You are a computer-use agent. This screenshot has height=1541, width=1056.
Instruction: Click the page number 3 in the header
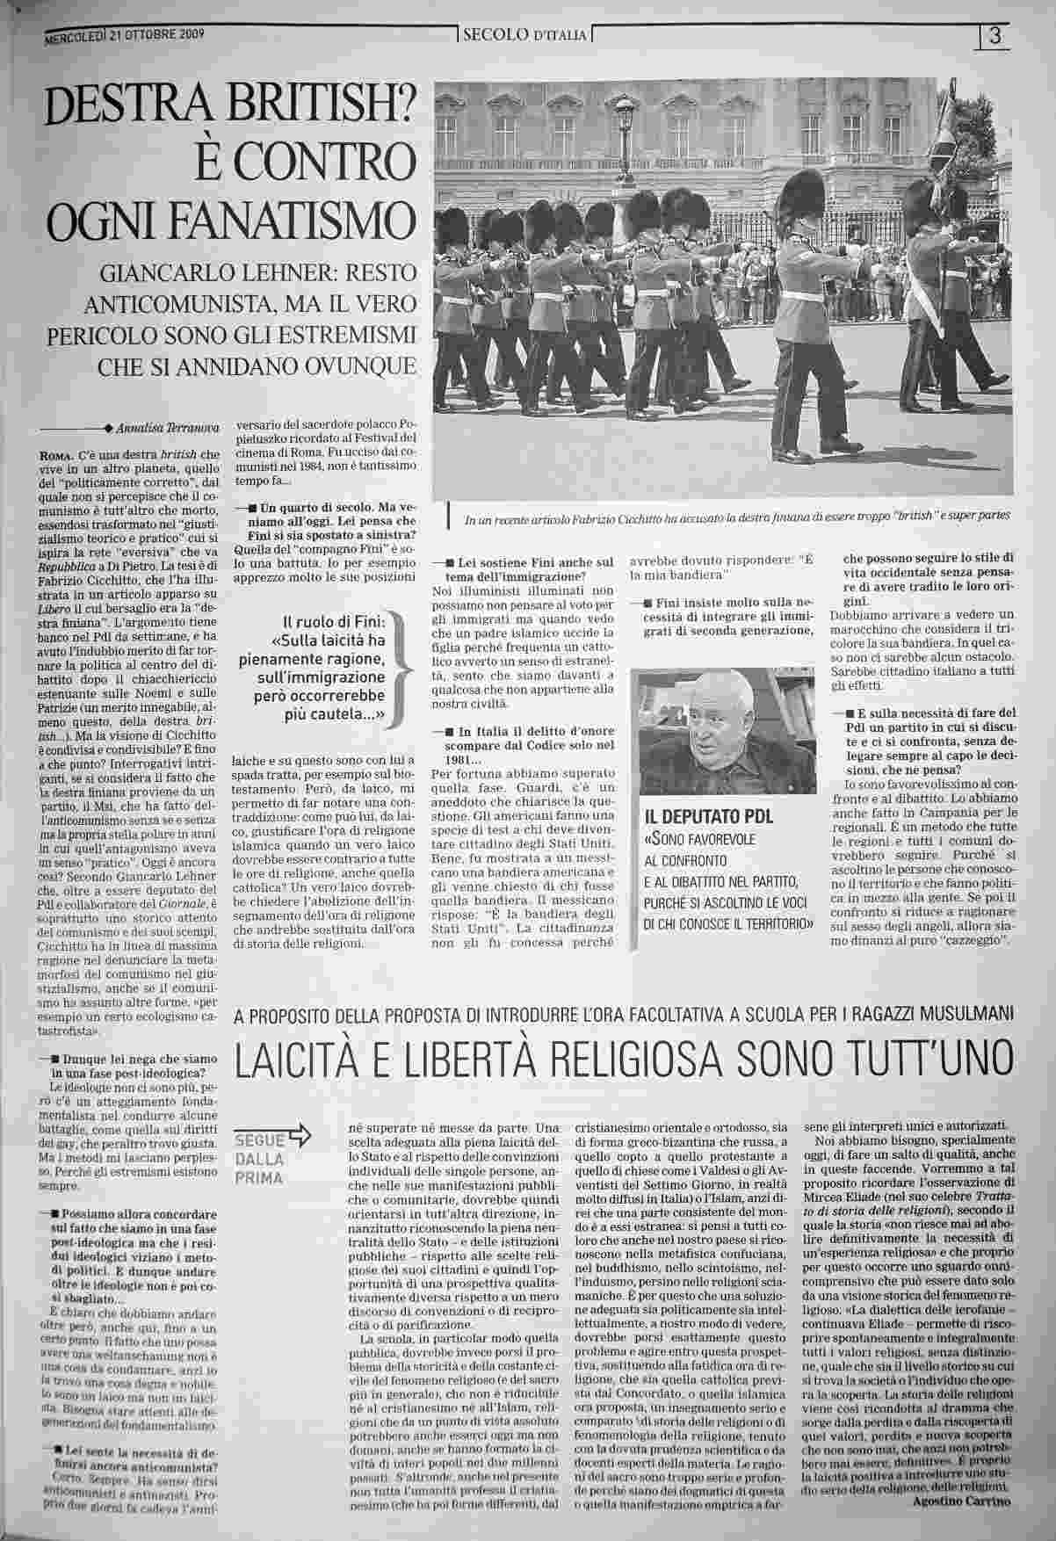995,37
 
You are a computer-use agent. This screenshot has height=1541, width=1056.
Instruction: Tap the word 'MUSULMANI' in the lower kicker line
962,1015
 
